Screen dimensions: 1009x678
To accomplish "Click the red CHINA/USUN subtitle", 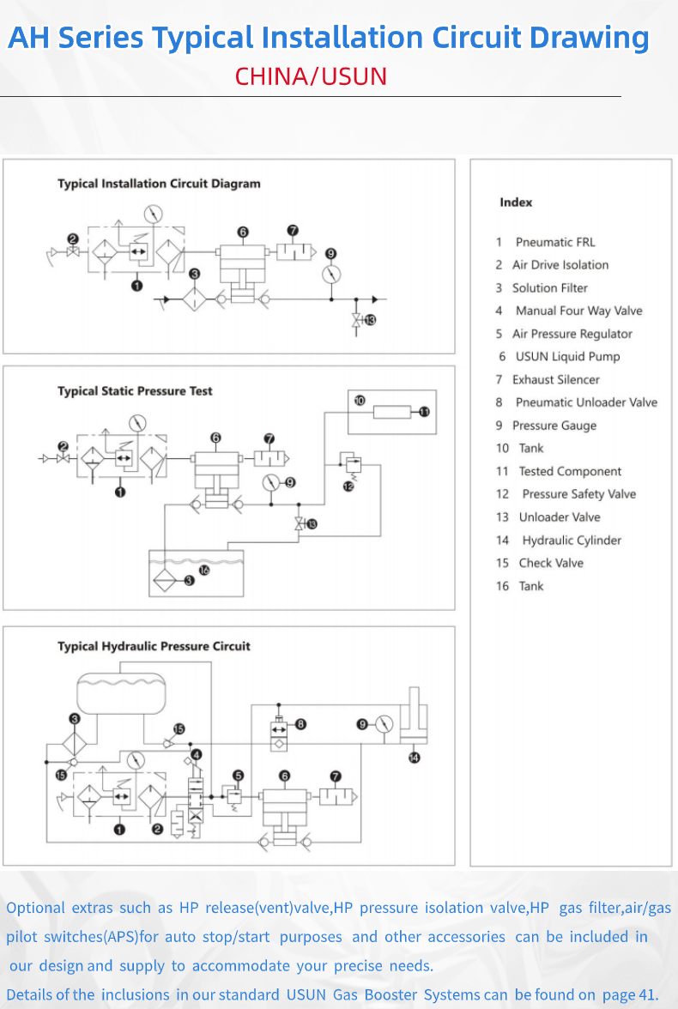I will pos(311,76).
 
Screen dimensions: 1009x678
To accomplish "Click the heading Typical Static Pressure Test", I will pos(135,391).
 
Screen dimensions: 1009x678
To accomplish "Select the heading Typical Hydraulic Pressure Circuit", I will pos(154,646).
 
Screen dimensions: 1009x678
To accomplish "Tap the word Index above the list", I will pos(516,202).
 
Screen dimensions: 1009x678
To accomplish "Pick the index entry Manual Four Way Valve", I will pos(578,311).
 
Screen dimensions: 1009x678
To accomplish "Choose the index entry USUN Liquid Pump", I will pos(567,356).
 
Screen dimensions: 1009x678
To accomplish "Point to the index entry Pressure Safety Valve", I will pos(578,494).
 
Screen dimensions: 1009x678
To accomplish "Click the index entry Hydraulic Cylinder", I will pos(571,540).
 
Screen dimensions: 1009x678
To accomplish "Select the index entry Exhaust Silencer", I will pos(555,379).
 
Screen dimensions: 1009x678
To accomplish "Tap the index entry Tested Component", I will pos(570,471).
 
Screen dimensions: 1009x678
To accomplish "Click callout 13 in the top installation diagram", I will pos(370,320).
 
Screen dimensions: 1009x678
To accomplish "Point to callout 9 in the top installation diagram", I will pos(330,253).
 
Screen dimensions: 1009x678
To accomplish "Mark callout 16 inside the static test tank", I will pos(203,569).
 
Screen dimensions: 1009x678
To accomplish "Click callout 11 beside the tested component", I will pos(424,412).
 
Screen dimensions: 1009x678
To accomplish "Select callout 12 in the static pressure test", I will pos(348,486).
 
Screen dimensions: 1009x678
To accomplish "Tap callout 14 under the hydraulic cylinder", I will pos(415,758).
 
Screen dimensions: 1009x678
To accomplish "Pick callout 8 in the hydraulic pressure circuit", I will pos(301,724).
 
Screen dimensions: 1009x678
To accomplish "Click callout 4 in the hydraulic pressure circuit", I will pos(197,754).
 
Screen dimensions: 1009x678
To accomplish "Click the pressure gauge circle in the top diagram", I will pos(330,275).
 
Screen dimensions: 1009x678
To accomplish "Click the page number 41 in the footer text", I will pos(646,994).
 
